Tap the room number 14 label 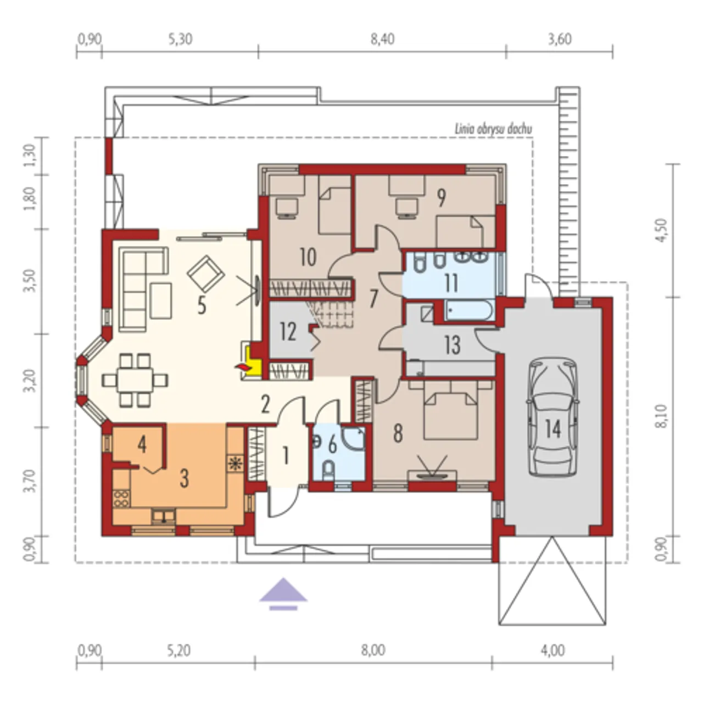pyautogui.click(x=553, y=428)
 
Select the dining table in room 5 pyautogui.click(x=135, y=380)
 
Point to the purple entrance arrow pyautogui.click(x=283, y=594)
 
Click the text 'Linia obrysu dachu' pyautogui.click(x=493, y=129)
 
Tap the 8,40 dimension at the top pyautogui.click(x=382, y=39)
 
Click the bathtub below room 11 pyautogui.click(x=469, y=310)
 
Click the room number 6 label pyautogui.click(x=332, y=445)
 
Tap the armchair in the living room pyautogui.click(x=205, y=274)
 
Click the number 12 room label pyautogui.click(x=288, y=332)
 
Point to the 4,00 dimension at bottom pyautogui.click(x=553, y=650)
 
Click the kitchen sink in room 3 pyautogui.click(x=164, y=516)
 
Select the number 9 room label pyautogui.click(x=441, y=198)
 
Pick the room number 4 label pyautogui.click(x=142, y=445)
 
